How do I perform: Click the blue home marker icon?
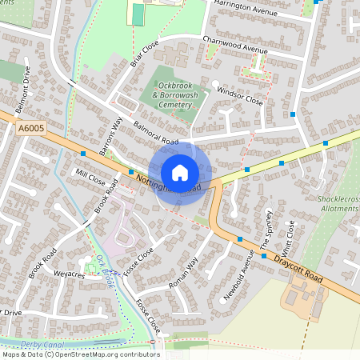[180, 173]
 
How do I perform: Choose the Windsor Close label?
[239, 97]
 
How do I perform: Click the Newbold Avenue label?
[239, 274]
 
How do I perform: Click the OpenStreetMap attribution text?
[81, 354]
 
